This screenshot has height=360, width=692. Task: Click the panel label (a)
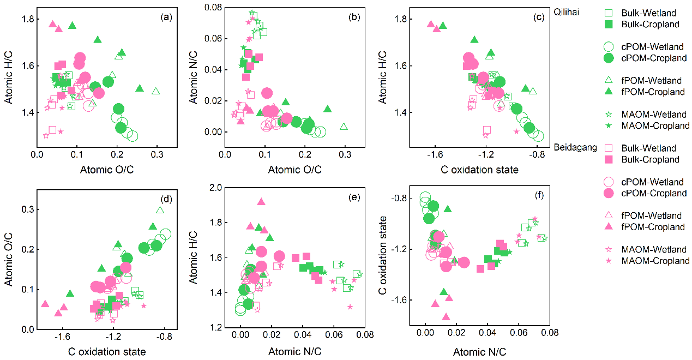click(166, 17)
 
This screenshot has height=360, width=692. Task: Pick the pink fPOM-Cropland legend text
click(652, 227)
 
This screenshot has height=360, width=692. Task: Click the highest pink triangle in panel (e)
click(261, 202)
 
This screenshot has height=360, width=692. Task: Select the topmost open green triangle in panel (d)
click(160, 210)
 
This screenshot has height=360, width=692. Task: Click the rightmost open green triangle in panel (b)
click(344, 127)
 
